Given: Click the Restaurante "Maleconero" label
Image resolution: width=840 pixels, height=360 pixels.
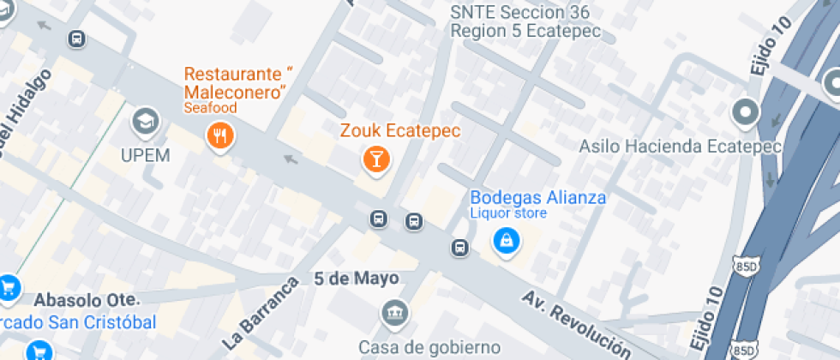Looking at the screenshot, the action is (x=237, y=81).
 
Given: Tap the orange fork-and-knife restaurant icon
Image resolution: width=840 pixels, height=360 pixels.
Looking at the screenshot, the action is (x=221, y=135).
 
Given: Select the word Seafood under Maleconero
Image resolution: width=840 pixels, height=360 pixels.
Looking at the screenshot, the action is (x=210, y=108).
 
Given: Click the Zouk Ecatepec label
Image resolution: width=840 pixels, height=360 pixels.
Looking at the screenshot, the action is (x=400, y=132).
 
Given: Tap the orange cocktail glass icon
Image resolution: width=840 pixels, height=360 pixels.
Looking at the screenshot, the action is (x=375, y=158).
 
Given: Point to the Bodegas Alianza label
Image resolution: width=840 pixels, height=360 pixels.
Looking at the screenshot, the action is (x=537, y=198).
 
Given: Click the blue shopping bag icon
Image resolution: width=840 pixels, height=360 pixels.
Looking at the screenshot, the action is (x=506, y=241).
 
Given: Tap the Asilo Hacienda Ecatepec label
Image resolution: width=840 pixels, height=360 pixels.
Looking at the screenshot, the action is (x=680, y=146).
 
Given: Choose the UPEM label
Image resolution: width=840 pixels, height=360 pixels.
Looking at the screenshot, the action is (x=145, y=155).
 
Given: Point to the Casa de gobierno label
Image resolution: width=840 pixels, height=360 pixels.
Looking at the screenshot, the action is (x=429, y=346).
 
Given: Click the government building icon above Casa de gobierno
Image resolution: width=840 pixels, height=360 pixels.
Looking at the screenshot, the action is (x=394, y=313).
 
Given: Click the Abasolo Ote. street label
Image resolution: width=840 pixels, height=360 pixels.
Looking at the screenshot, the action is (x=86, y=301).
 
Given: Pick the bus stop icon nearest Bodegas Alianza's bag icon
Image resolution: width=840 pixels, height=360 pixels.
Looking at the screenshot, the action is (x=460, y=249).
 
